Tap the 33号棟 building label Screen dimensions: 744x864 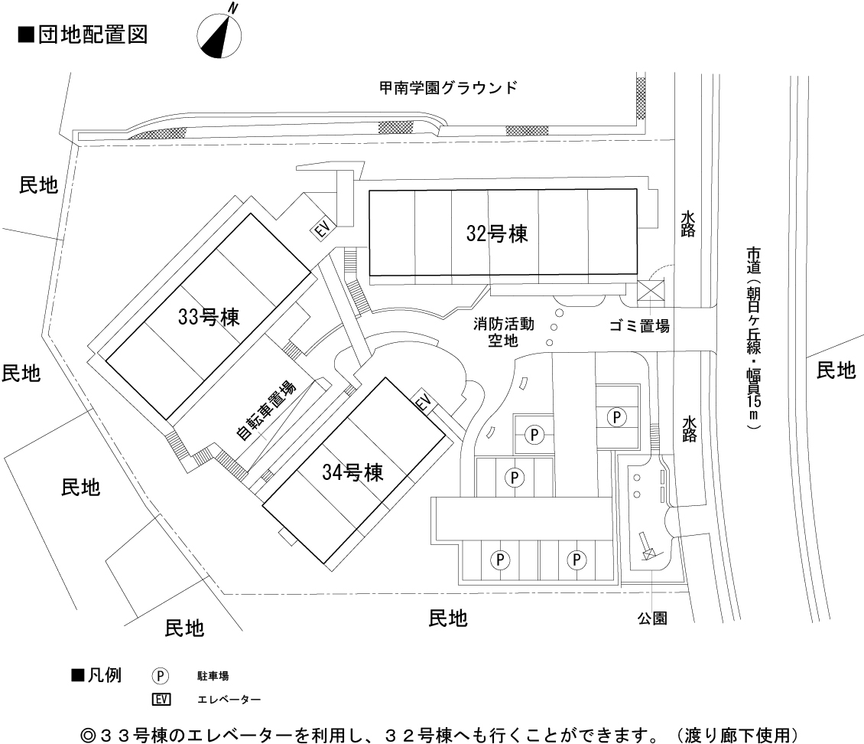[x=209, y=316]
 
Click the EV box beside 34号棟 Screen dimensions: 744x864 [x=422, y=400]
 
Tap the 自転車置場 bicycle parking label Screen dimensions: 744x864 [x=266, y=410]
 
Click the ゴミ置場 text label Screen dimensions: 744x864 [x=640, y=327]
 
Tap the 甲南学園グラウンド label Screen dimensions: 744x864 [x=448, y=86]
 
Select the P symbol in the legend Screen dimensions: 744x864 [x=159, y=676]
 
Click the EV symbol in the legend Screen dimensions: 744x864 [x=159, y=699]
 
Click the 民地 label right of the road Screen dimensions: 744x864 [x=836, y=370]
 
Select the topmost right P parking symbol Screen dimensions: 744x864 [x=616, y=417]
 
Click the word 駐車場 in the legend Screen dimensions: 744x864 [x=213, y=677]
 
